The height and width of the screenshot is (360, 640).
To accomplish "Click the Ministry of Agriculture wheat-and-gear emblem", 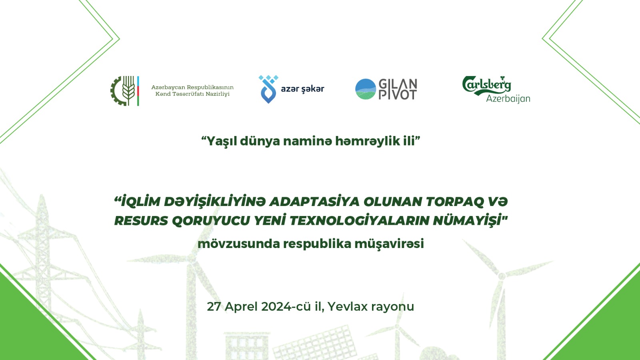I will pos(124,91).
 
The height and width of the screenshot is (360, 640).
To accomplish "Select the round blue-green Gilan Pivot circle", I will pos(366,89).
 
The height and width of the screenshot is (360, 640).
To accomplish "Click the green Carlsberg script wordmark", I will pos(486,85).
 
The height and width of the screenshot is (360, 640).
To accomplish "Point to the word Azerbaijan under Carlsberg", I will pos(508,99).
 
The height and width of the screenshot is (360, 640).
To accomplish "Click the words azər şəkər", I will pos(302,89).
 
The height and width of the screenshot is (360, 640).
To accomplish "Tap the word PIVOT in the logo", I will pos(398,95).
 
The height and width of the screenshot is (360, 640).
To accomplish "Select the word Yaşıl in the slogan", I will pos(221,141).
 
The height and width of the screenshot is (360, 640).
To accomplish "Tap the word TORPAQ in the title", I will pos(455,202).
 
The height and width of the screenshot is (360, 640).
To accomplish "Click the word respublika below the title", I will pos(317,244).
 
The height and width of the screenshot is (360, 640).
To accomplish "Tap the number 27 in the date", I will pos(214,306).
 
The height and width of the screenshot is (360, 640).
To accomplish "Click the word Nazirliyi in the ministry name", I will pos(218,94).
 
